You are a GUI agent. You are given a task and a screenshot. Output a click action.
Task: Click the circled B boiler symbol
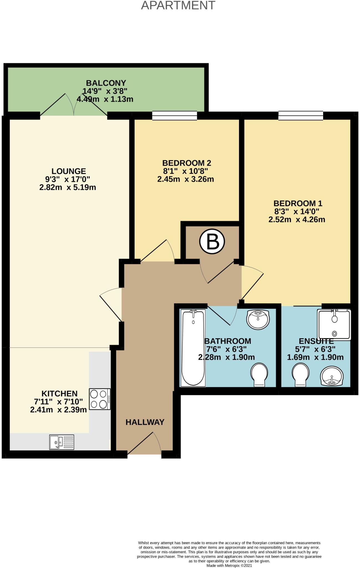click(212, 242)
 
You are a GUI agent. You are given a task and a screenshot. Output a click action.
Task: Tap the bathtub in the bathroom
click(193, 348)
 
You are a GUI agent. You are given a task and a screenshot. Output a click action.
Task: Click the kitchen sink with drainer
click(62, 442)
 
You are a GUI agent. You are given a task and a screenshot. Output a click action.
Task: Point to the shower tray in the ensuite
click(334, 325)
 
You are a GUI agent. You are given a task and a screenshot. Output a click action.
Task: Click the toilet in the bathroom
click(259, 374)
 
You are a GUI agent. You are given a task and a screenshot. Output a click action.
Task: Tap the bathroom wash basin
click(258, 319)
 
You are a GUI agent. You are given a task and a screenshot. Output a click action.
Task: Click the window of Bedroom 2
click(174, 116)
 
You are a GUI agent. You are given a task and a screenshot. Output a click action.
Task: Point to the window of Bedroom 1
click(301, 116)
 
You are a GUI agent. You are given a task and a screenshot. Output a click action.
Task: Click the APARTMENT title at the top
click(178, 5)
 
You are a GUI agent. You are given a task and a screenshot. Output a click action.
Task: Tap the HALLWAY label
click(145, 422)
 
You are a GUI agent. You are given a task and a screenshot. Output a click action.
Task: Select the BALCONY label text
click(106, 83)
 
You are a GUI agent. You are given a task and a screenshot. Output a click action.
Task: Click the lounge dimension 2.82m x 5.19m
click(68, 187)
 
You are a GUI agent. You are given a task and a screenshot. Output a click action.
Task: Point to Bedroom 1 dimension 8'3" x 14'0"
click(297, 211)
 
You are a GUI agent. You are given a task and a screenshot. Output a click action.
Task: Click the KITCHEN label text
click(59, 394)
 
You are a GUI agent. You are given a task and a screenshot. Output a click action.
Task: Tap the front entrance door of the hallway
click(144, 444)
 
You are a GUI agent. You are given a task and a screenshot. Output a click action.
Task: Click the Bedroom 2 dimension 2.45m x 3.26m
click(186, 179)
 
